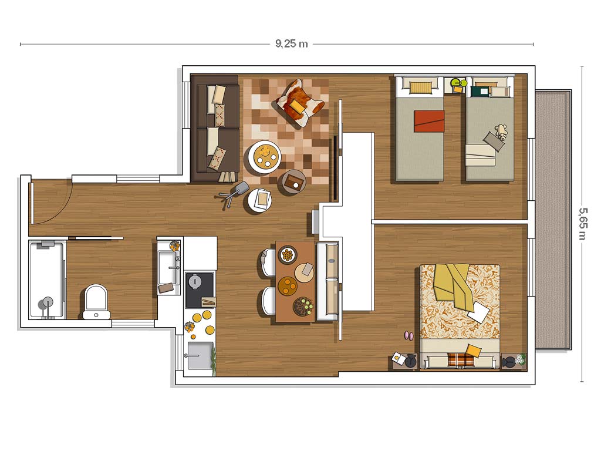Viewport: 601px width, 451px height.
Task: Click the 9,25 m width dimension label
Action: (x=291, y=43)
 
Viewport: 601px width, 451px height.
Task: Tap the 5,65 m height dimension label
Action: (x=583, y=224)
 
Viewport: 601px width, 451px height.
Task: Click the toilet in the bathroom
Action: (x=96, y=302)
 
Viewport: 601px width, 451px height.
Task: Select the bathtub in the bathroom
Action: (x=47, y=280)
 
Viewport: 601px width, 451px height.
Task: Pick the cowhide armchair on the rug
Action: (x=299, y=103)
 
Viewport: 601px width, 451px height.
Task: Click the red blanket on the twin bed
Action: (x=429, y=121)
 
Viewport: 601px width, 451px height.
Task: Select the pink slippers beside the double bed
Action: (x=408, y=336)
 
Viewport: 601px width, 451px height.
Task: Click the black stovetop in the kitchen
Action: (x=200, y=290)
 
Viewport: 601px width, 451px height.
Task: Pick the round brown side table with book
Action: (x=294, y=182)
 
